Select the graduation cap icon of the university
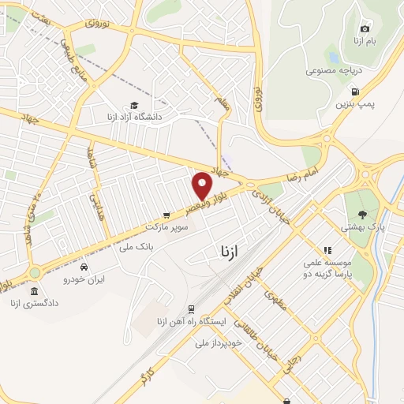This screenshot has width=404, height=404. [134, 106]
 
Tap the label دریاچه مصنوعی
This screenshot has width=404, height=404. [335, 69]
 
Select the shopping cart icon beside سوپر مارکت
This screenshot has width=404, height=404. [166, 215]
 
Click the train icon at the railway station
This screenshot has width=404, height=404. [192, 310]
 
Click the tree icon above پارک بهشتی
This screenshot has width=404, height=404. [362, 214]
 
